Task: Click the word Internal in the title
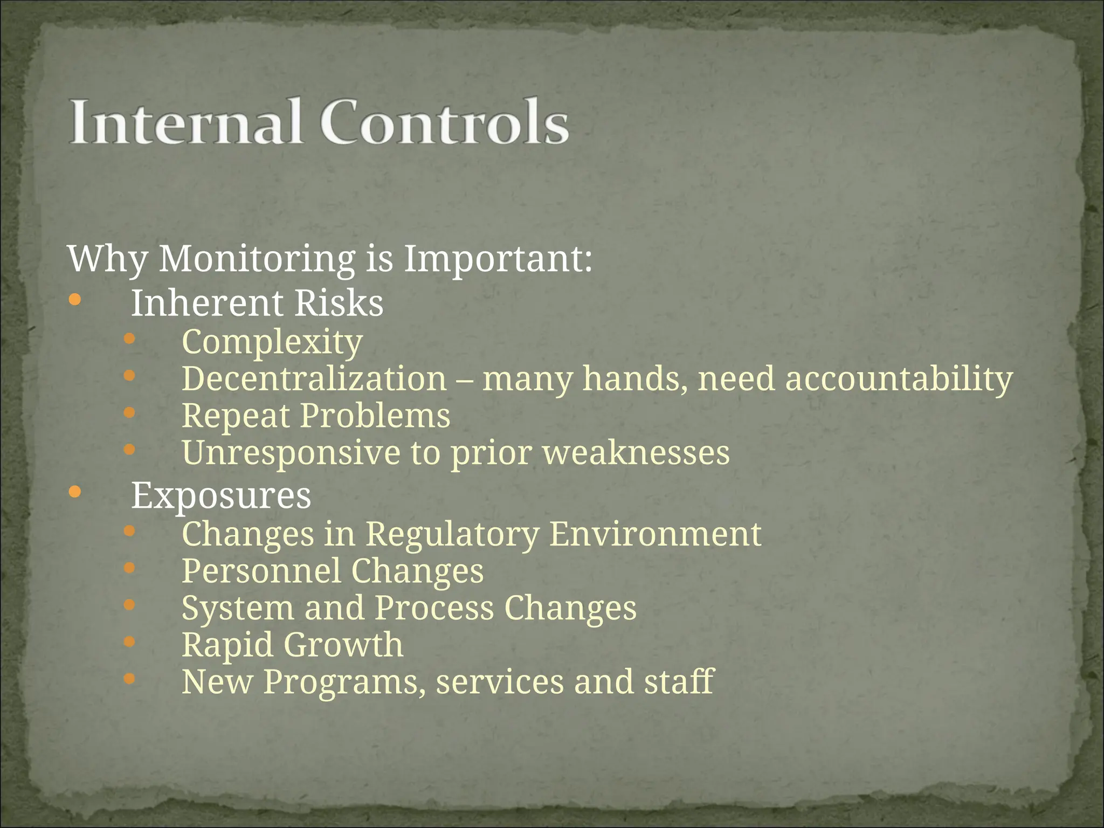tap(184, 122)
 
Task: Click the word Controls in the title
tap(444, 122)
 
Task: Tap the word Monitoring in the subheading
tap(257, 259)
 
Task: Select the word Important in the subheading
tap(498, 259)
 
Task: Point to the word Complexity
tap(272, 342)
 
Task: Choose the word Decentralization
tap(314, 378)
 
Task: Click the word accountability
tap(899, 378)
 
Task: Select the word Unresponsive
tap(291, 452)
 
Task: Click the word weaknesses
tap(636, 452)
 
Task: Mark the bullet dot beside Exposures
tap(75, 492)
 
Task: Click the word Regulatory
tap(452, 534)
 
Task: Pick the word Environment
tap(655, 534)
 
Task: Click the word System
tap(238, 608)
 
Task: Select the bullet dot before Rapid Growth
tap(129, 641)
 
